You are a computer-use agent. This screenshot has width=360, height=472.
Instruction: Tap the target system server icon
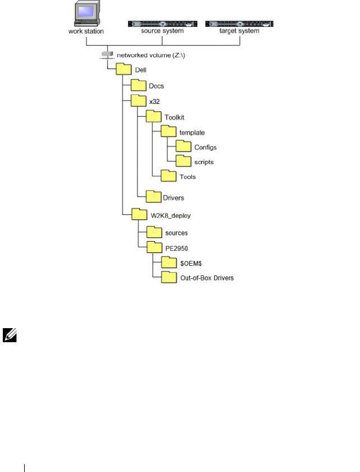pos(240,24)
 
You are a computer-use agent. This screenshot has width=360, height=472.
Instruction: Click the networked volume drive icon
pos(107,55)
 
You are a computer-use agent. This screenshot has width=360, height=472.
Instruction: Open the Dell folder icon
pos(124,69)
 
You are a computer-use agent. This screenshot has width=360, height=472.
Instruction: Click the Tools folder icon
pos(168,176)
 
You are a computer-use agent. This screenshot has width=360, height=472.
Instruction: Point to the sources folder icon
pos(154,232)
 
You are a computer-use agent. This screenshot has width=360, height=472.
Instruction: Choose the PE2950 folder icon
pos(154,247)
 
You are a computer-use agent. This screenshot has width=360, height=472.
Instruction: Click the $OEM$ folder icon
pos(168,262)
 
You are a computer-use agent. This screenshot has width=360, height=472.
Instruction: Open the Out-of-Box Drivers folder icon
pos(168,276)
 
